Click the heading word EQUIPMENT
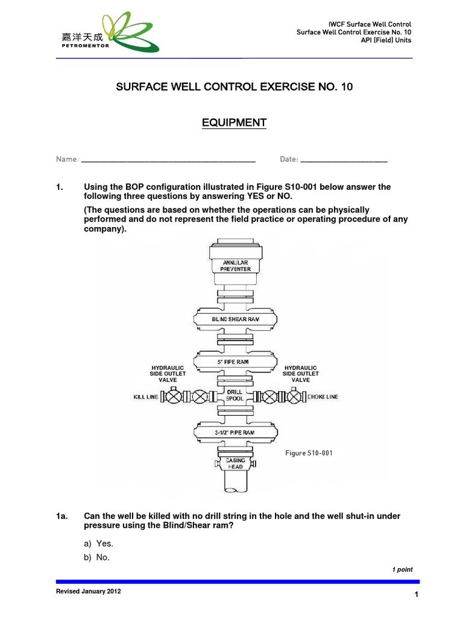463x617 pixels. (x=234, y=123)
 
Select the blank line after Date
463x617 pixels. (x=344, y=160)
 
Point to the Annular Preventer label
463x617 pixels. (x=236, y=266)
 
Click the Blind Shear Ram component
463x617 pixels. (x=236, y=319)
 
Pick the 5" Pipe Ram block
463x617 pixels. (x=236, y=362)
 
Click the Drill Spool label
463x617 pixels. (x=235, y=395)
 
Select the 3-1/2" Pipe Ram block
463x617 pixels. (x=236, y=432)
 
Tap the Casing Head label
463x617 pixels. (x=236, y=463)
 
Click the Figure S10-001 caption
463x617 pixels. (x=309, y=453)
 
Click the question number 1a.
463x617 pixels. (x=62, y=516)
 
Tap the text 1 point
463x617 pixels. (x=402, y=569)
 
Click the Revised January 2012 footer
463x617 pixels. (x=88, y=592)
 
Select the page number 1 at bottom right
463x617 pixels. (x=416, y=595)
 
